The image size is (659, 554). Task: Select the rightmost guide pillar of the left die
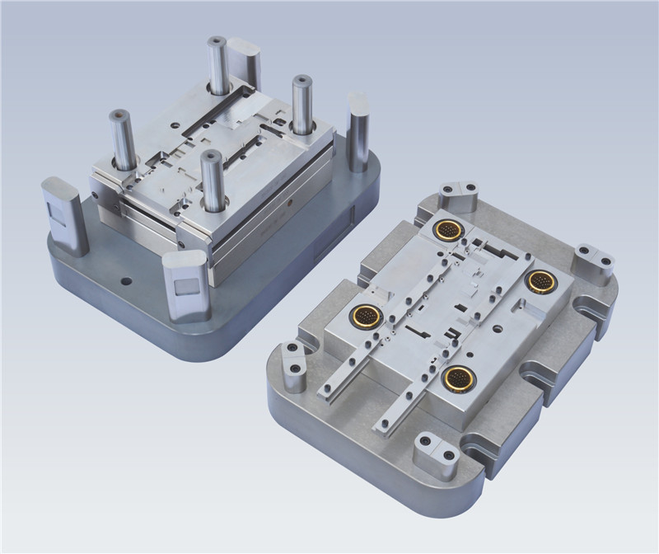coord(302,105)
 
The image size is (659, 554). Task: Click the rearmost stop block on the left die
coord(245,63)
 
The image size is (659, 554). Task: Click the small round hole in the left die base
coord(125,281)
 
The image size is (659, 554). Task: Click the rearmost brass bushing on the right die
coord(449,230)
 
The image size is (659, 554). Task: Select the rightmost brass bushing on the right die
coord(540,279)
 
